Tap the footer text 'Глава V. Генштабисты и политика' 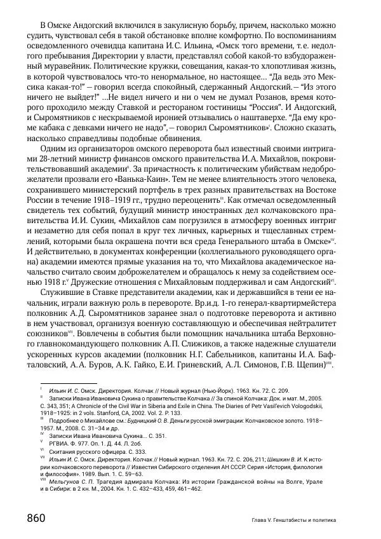293,521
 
